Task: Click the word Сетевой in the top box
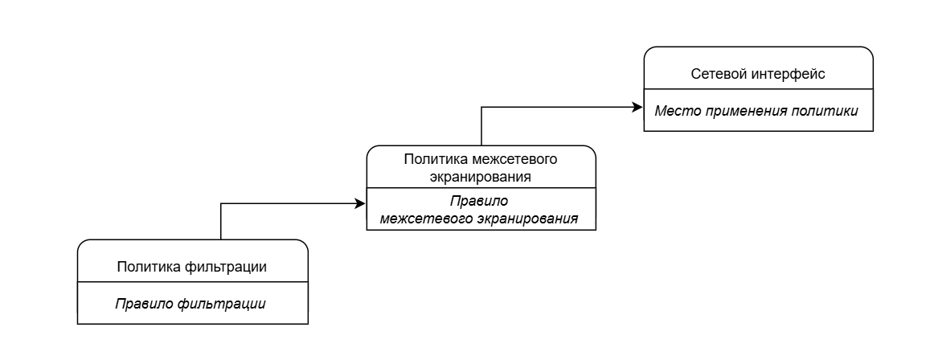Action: click(x=715, y=75)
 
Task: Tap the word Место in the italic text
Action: click(x=674, y=110)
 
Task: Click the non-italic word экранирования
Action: click(x=481, y=175)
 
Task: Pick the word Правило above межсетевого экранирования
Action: click(x=481, y=200)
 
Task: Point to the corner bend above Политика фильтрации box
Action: click(x=220, y=203)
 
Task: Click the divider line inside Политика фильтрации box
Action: click(x=193, y=282)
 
